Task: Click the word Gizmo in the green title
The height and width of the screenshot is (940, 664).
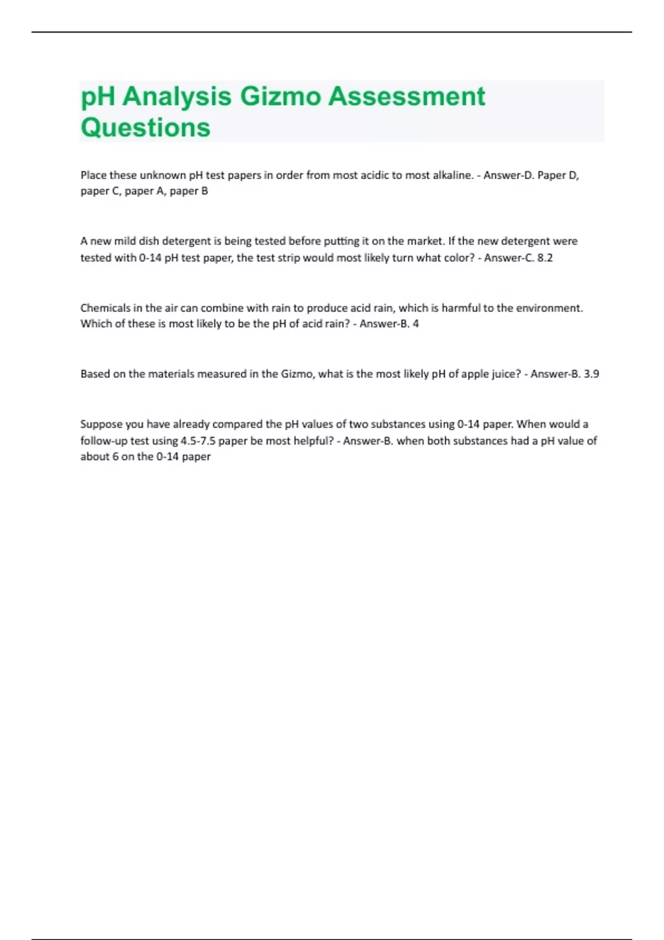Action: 280,97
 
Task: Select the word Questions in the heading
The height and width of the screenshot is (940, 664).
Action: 146,128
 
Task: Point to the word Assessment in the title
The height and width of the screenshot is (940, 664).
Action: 407,97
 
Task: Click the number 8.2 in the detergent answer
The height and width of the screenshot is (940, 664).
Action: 544,258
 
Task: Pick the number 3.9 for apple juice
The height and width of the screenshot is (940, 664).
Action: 591,374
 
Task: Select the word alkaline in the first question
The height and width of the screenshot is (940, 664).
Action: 455,175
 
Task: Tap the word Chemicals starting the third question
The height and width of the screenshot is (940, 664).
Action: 105,308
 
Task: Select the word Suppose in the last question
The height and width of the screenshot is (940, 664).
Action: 101,424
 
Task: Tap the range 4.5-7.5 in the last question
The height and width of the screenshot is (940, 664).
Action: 198,441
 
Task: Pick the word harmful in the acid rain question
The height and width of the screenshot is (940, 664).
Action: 461,308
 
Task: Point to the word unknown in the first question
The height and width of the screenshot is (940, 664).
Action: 163,175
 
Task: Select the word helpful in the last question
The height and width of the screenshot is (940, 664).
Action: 310,441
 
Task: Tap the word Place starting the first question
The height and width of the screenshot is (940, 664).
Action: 94,175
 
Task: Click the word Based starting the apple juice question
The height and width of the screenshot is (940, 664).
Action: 95,374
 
